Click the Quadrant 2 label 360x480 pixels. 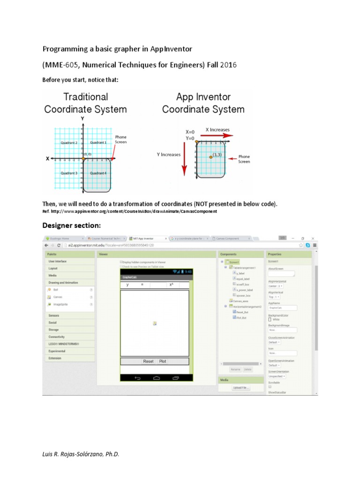click(69, 142)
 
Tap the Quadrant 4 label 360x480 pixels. click(98, 173)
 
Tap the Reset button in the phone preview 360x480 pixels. click(148, 361)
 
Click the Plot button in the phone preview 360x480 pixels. click(163, 361)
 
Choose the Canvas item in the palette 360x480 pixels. click(58, 297)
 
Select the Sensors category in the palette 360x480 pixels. click(53, 315)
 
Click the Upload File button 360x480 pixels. click(241, 388)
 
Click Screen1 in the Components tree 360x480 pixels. click(234, 262)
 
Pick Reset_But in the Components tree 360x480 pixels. click(242, 312)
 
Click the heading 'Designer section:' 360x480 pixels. click(72, 225)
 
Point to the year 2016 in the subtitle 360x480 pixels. click(227, 65)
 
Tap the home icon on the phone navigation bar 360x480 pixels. click(157, 378)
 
